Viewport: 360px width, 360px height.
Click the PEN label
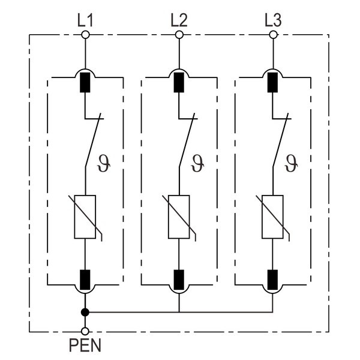tap(85, 346)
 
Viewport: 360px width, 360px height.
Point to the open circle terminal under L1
tap(85, 35)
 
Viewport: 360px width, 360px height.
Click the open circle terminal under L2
tap(179, 35)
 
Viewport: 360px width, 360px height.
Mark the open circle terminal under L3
tap(273, 35)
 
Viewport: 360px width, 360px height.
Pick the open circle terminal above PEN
tap(85, 331)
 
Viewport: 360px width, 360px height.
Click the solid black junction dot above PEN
tap(85, 312)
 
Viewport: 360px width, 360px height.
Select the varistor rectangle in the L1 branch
tap(85, 217)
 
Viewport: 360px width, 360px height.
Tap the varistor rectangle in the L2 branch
tap(179, 217)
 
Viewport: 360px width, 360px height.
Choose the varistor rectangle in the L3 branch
tap(273, 217)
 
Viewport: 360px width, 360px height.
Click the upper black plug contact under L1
tap(85, 83)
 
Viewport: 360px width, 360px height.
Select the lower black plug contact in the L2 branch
tap(179, 278)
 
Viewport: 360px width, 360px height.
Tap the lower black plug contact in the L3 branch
tap(273, 278)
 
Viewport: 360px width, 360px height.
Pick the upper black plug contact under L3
tap(273, 83)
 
